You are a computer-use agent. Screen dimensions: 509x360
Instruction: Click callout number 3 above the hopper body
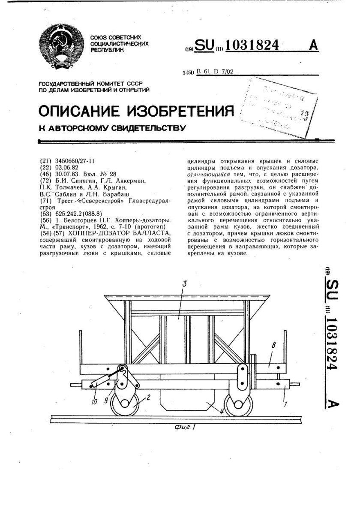[183, 283]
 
